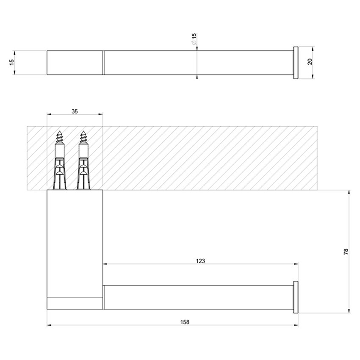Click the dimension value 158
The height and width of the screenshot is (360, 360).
tap(184, 321)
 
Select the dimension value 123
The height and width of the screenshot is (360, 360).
tap(201, 261)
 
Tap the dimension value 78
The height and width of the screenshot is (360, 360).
tap(346, 252)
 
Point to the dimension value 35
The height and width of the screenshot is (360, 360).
tap(75, 111)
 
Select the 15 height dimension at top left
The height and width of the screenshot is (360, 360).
tap(12, 62)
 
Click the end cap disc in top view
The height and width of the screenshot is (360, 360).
tap(296, 63)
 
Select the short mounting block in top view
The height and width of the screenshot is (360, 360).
tap(75, 63)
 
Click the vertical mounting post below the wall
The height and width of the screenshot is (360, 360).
tap(75, 241)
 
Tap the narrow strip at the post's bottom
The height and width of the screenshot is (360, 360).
tap(75, 303)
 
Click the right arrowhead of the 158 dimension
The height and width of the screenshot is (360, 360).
tap(296, 326)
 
